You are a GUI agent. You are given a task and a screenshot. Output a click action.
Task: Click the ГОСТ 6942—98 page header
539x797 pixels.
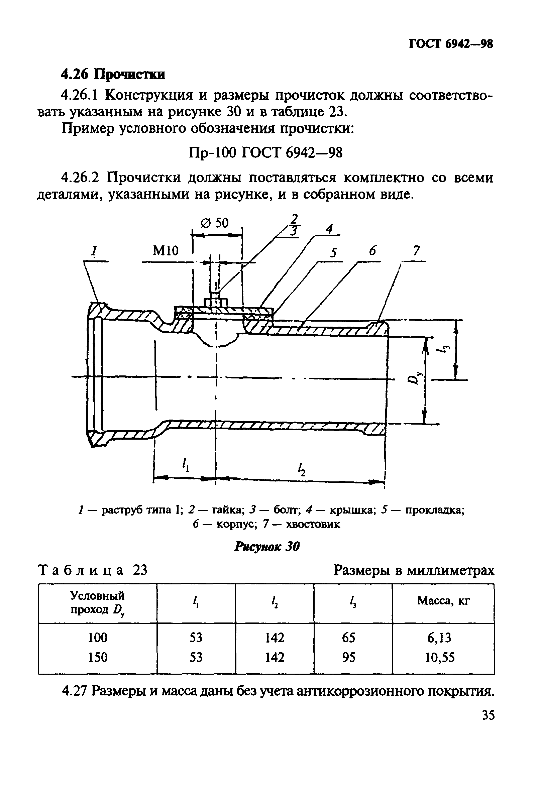pyautogui.click(x=451, y=44)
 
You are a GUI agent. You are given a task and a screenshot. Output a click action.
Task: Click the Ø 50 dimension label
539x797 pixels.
pyautogui.click(x=215, y=223)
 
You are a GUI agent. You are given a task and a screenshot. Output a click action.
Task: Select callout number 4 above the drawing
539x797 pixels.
pyautogui.click(x=329, y=229)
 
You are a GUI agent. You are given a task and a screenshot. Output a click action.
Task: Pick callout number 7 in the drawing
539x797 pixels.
pyautogui.click(x=416, y=251)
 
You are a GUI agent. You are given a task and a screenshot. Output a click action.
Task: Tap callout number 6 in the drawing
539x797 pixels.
pyautogui.click(x=372, y=251)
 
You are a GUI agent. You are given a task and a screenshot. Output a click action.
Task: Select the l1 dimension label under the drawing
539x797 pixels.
pyautogui.click(x=186, y=465)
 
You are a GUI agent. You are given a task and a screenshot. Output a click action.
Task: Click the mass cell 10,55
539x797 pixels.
pyautogui.click(x=440, y=657)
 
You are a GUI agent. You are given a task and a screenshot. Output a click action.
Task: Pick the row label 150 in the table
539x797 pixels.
pyautogui.click(x=98, y=657)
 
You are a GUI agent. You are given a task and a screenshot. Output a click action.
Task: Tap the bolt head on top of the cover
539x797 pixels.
pyautogui.click(x=216, y=303)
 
